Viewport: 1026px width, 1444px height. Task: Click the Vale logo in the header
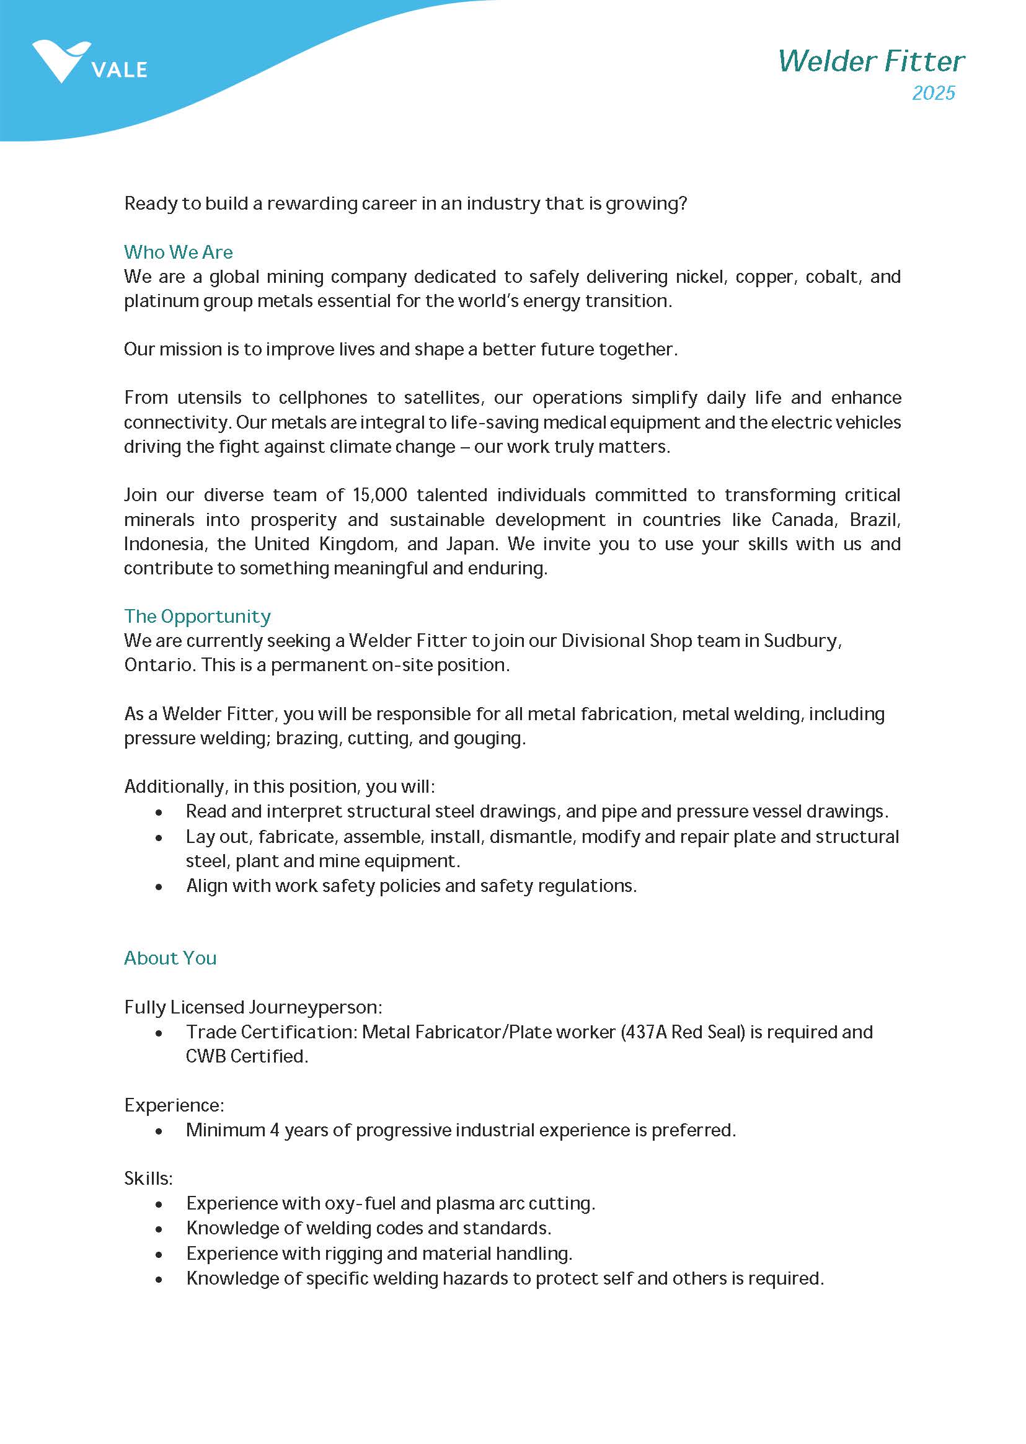(x=89, y=62)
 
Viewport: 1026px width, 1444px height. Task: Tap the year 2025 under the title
(x=933, y=94)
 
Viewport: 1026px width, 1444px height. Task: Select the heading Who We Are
(x=178, y=252)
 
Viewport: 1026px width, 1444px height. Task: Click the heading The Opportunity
(x=197, y=616)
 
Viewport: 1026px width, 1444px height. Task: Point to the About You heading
(x=170, y=958)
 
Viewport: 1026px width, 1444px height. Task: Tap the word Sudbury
(x=802, y=641)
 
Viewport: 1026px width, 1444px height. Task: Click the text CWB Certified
(x=246, y=1056)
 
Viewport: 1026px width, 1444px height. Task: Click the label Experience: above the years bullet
(x=174, y=1105)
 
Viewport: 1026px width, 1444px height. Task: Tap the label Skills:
(x=148, y=1178)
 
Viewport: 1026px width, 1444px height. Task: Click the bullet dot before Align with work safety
(x=159, y=886)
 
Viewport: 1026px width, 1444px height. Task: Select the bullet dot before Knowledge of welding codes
(x=159, y=1229)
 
